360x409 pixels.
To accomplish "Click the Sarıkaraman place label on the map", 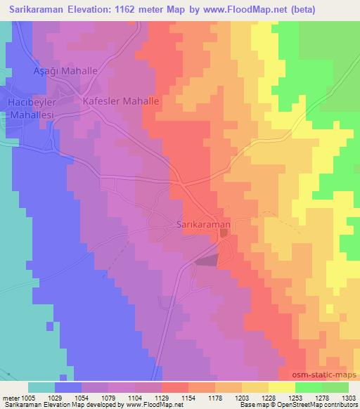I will click(x=202, y=224).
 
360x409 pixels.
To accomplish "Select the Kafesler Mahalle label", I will click(x=121, y=101).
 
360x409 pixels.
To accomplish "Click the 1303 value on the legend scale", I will click(x=347, y=397).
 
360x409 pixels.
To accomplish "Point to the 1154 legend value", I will click(x=188, y=397).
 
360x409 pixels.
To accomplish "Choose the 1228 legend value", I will click(x=268, y=397).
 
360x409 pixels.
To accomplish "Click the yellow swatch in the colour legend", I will click(x=281, y=387).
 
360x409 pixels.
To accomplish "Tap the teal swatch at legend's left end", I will click(x=41, y=387).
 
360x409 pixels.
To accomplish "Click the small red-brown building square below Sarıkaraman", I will click(x=223, y=242).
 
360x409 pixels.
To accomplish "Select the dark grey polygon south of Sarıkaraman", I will click(x=207, y=261).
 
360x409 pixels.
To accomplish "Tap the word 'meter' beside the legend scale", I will click(x=10, y=397).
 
